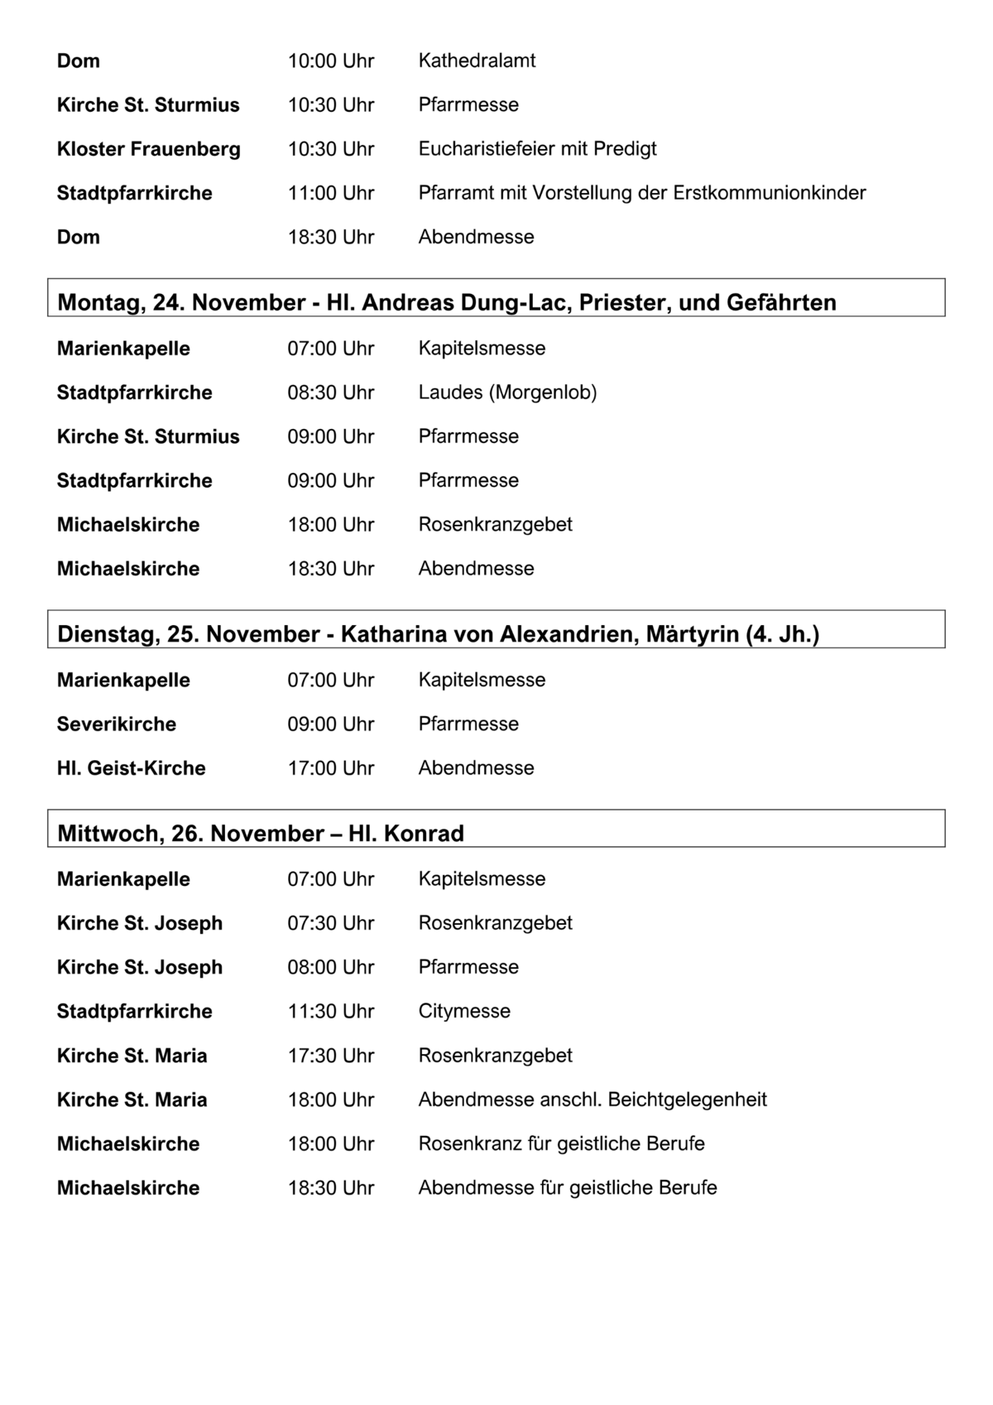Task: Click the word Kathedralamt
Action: pos(477,60)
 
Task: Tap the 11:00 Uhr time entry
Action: pos(330,193)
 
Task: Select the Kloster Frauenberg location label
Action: pos(148,149)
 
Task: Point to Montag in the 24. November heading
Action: pos(98,302)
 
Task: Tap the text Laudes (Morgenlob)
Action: pos(507,392)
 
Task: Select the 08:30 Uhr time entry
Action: pos(330,392)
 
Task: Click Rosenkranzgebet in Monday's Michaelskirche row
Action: pos(495,525)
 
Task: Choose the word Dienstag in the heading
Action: pos(107,634)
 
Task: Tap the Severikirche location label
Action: pos(116,724)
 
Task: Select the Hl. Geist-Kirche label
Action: pos(131,768)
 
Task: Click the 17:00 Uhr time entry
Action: pos(330,768)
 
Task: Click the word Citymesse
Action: pos(464,1012)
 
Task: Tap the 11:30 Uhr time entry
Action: pos(330,1012)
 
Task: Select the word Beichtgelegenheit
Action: pos(687,1099)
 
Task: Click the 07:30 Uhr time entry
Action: pos(330,923)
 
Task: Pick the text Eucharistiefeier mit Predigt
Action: pos(537,149)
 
